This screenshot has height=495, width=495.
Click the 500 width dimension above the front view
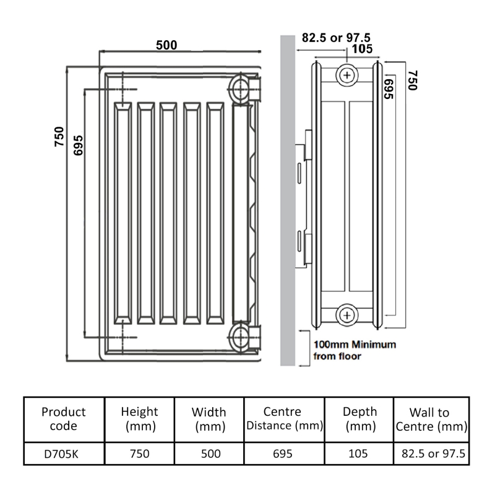[166, 45]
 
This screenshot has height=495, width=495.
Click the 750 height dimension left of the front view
[59, 136]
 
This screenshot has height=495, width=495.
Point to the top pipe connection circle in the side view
[347, 76]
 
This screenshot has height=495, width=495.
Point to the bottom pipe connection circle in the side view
[347, 316]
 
